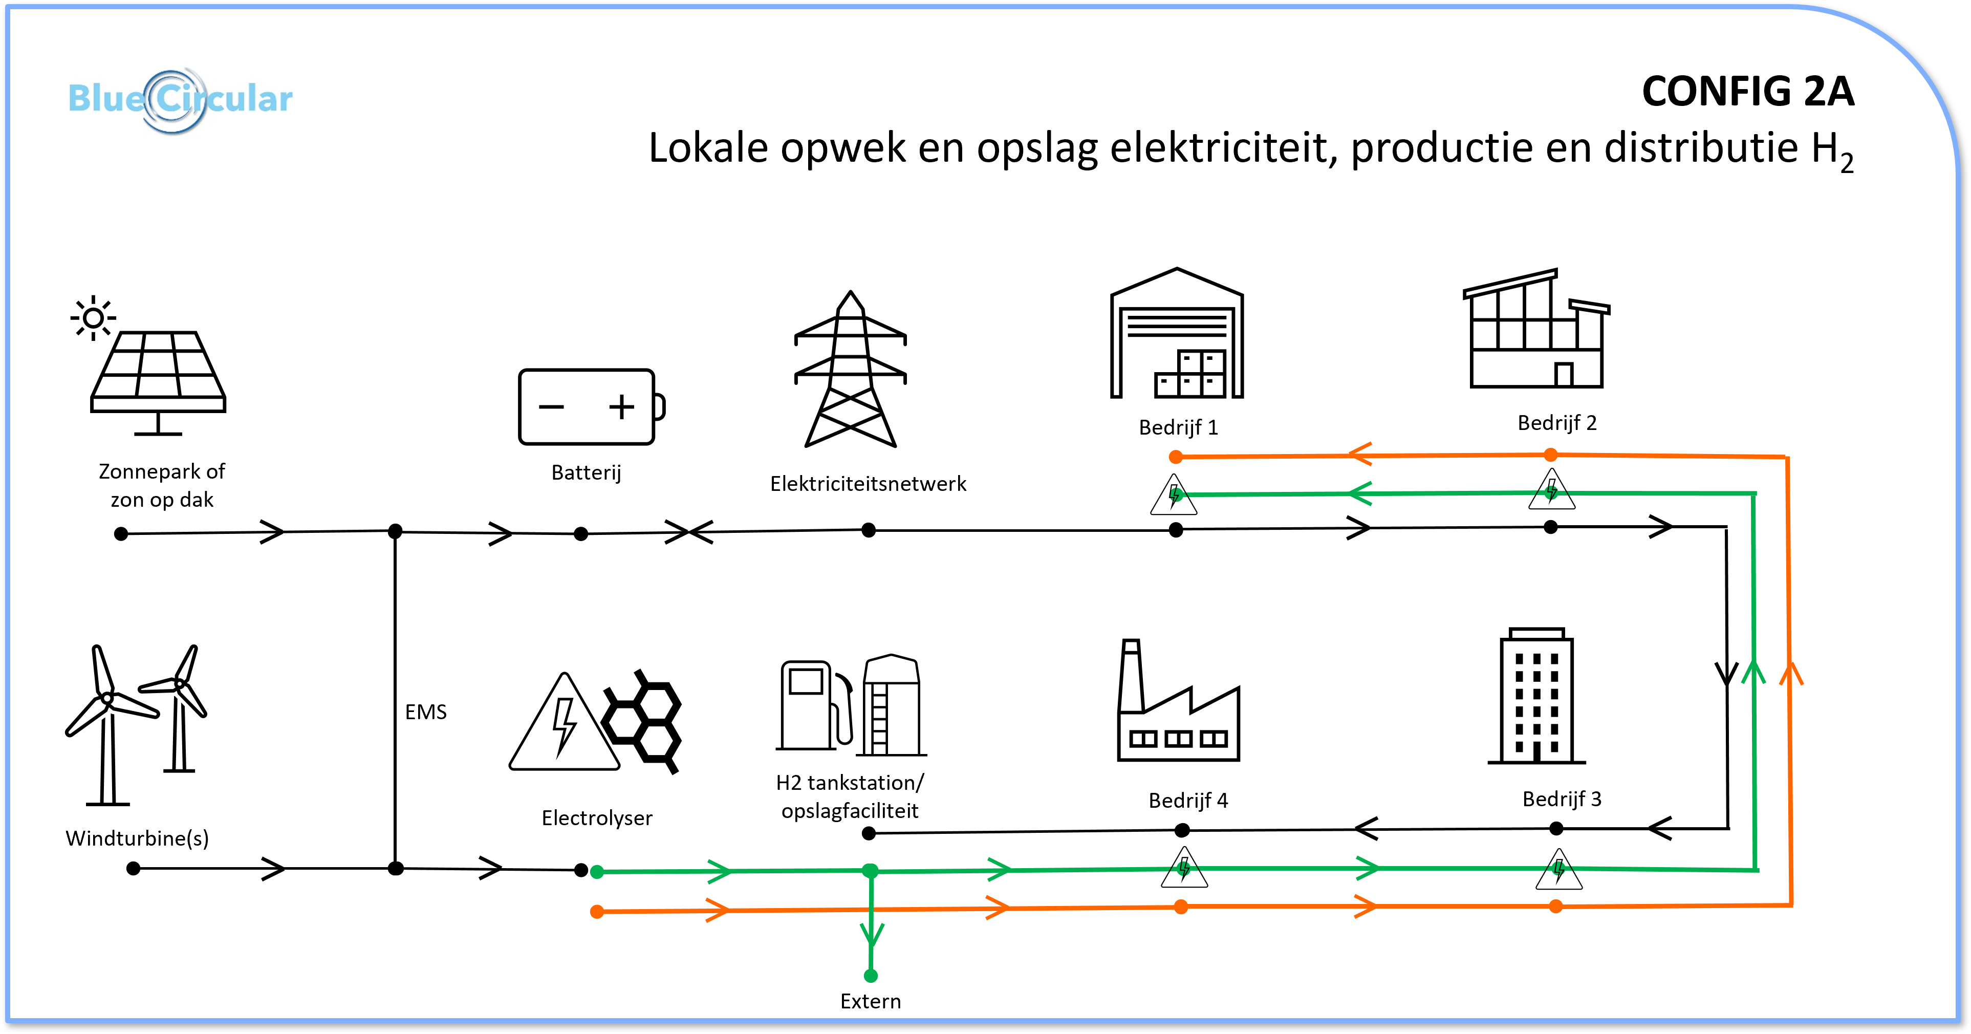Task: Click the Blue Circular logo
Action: coord(180,99)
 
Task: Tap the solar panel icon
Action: coord(158,383)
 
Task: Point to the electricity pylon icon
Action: coord(850,369)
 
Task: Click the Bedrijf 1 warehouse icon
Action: coord(1177,333)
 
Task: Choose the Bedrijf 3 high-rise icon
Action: coord(1536,696)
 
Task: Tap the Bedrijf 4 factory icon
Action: coord(1178,700)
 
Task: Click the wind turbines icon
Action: coord(136,724)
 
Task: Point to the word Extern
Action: coord(871,1001)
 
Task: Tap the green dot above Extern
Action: coord(871,976)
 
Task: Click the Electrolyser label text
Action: coord(597,818)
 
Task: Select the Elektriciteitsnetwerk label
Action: coord(869,484)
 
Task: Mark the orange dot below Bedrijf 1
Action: coord(1176,458)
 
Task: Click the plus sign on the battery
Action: coord(622,406)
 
